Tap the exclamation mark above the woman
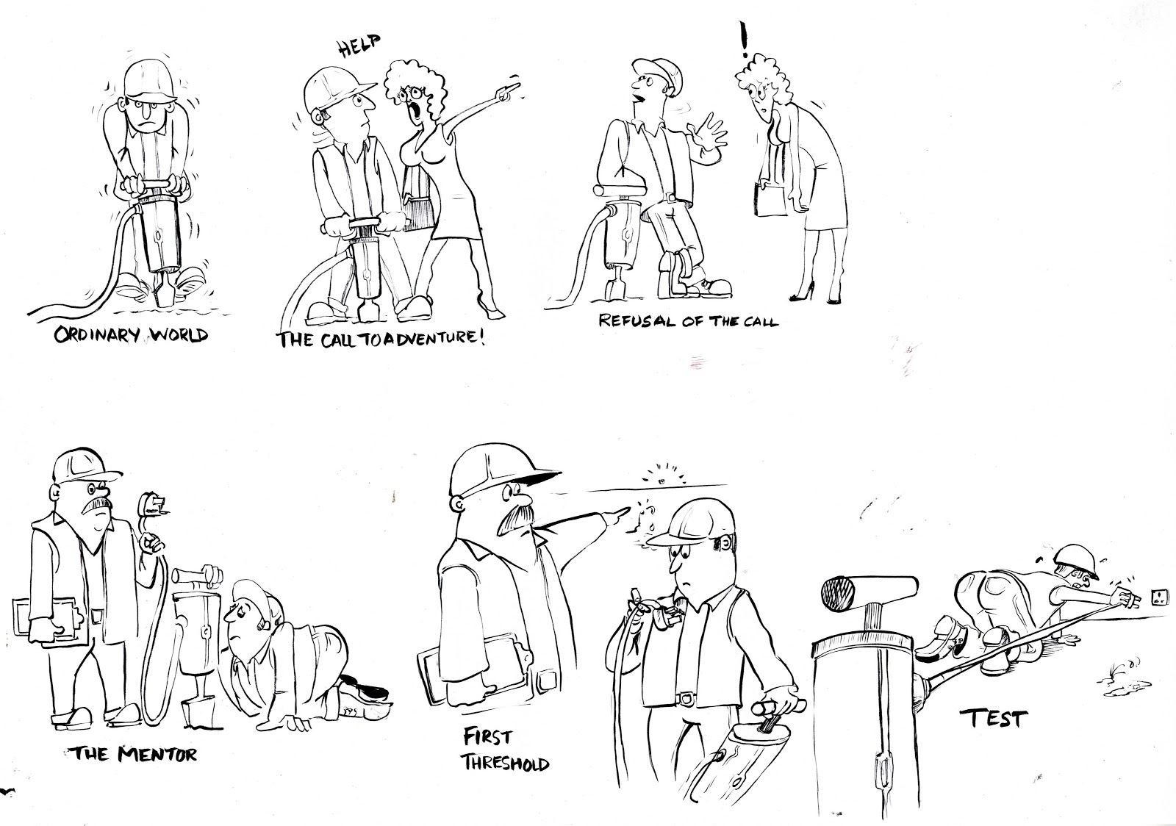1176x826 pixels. click(x=745, y=40)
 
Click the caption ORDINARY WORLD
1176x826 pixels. click(x=132, y=336)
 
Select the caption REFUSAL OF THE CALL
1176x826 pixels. click(x=688, y=320)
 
